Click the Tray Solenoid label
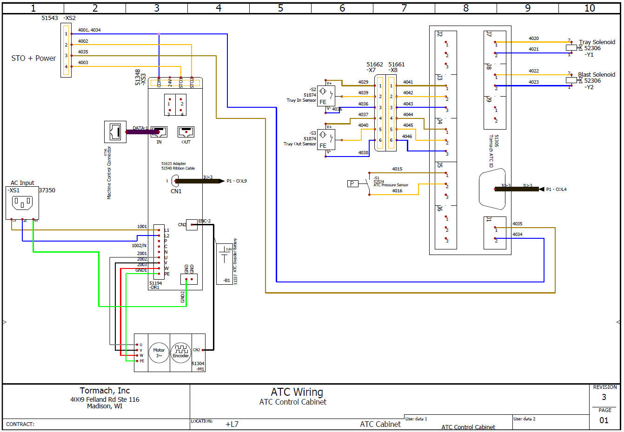point(597,42)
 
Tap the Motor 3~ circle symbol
point(159,353)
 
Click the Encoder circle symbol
point(181,353)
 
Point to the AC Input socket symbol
point(22,203)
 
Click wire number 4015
point(397,169)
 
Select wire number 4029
point(363,82)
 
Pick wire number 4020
point(534,39)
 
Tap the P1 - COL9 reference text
point(237,181)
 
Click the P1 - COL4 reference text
point(556,190)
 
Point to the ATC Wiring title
point(297,393)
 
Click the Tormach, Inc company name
point(105,391)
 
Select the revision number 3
point(604,397)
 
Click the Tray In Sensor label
point(301,100)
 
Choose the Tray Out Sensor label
point(299,144)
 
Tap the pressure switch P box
point(352,183)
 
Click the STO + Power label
point(33,59)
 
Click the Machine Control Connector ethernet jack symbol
point(115,132)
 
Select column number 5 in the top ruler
point(280,8)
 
